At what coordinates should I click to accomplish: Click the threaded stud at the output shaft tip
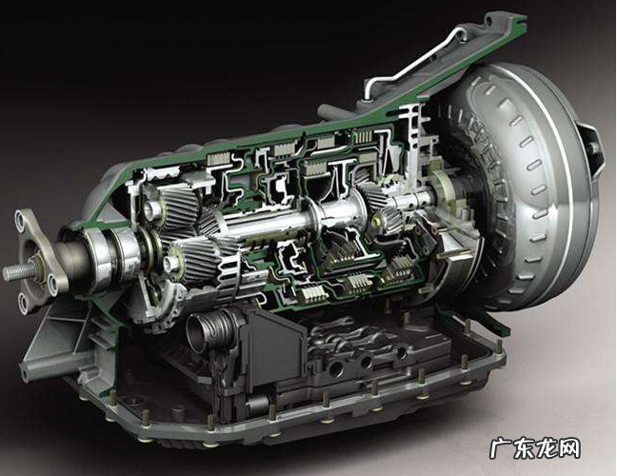point(18,271)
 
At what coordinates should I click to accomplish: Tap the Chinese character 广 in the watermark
point(501,448)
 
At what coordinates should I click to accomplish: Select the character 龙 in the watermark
point(547,448)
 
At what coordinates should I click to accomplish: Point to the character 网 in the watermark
point(569,448)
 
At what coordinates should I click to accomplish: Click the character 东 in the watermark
point(524,448)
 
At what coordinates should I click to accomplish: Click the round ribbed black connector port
point(208,328)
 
